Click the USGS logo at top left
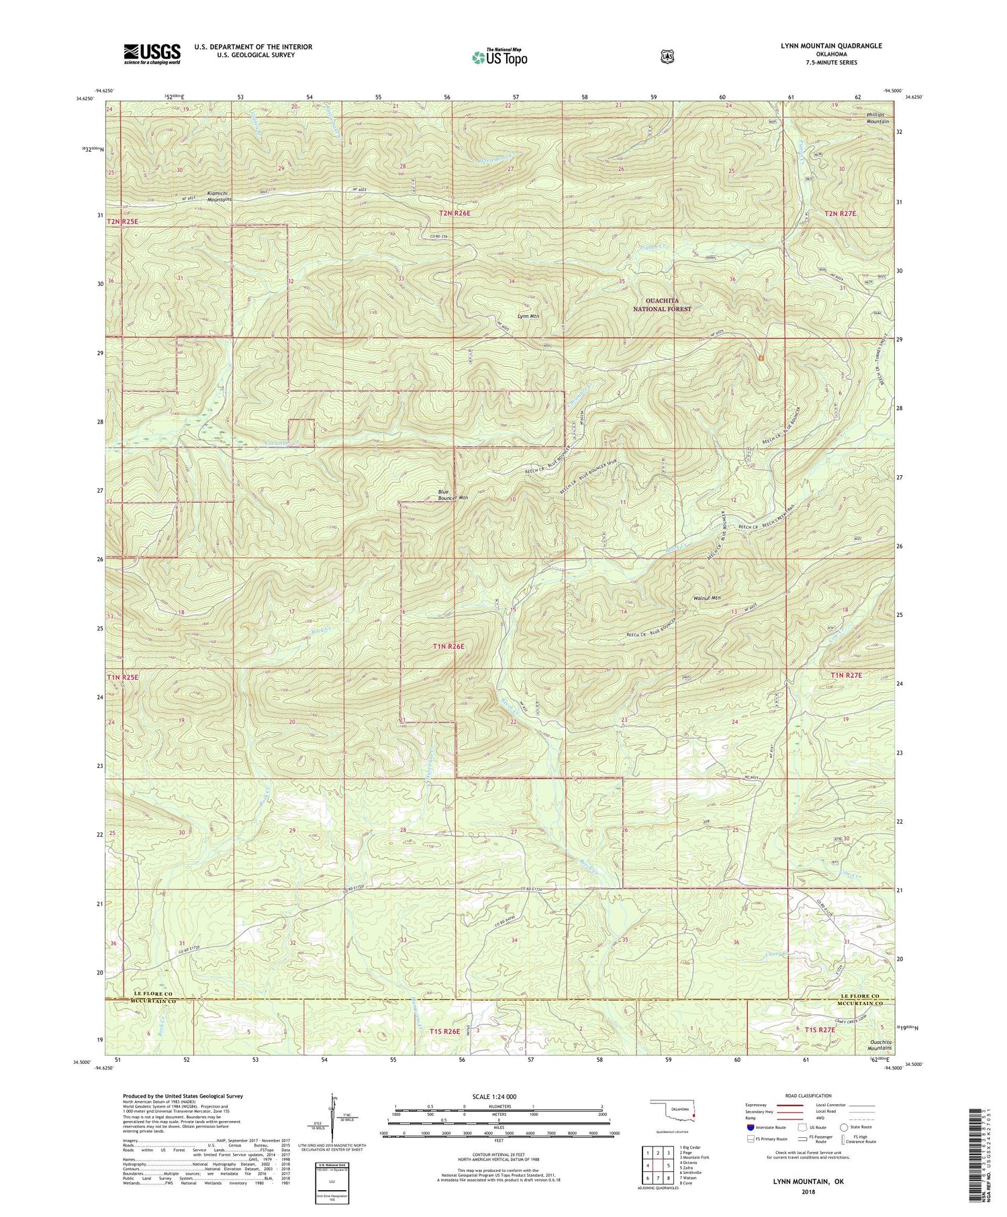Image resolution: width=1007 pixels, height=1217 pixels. click(x=152, y=54)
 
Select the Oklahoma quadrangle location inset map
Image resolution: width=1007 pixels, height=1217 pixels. click(x=673, y=1112)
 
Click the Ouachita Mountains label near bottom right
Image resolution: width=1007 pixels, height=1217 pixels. click(x=878, y=1044)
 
